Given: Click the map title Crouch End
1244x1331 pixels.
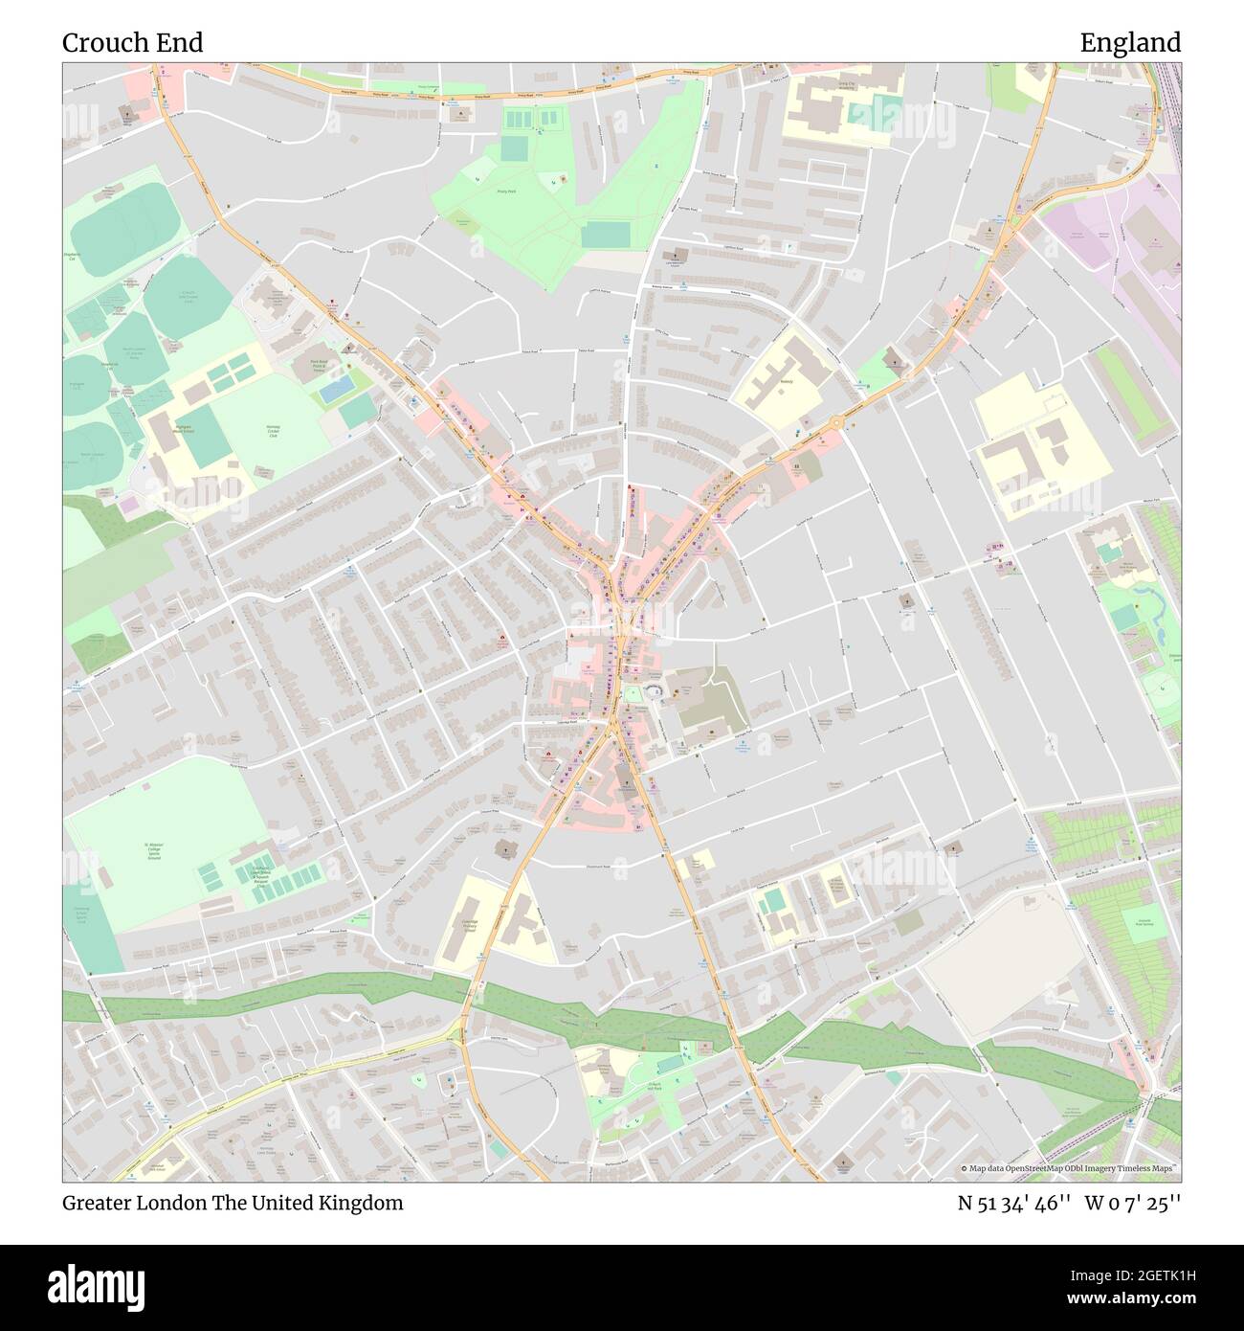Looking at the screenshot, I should (132, 43).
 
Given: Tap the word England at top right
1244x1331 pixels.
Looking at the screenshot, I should (1130, 43).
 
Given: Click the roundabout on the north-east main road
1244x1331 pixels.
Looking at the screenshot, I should (837, 421).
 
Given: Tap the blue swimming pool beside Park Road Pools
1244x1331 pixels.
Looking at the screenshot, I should (336, 391).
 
